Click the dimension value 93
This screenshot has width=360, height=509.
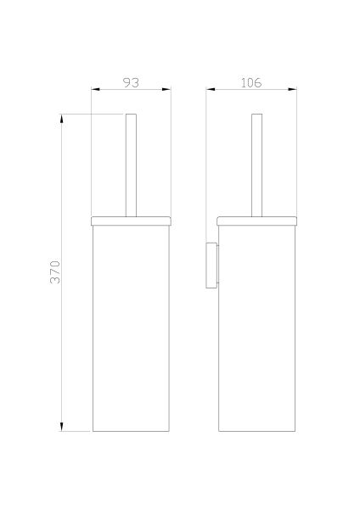[132, 83]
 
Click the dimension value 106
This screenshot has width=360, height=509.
[251, 83]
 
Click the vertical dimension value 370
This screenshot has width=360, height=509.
[55, 272]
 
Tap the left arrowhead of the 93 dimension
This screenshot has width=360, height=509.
[95, 89]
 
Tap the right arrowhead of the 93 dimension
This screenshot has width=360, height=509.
[166, 89]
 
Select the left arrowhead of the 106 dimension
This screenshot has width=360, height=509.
[211, 89]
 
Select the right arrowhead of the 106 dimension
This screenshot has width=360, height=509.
[292, 89]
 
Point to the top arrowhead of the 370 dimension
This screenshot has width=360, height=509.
[62, 119]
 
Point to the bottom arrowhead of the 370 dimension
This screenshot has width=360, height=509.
[62, 427]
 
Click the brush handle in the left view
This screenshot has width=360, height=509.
[132, 165]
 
